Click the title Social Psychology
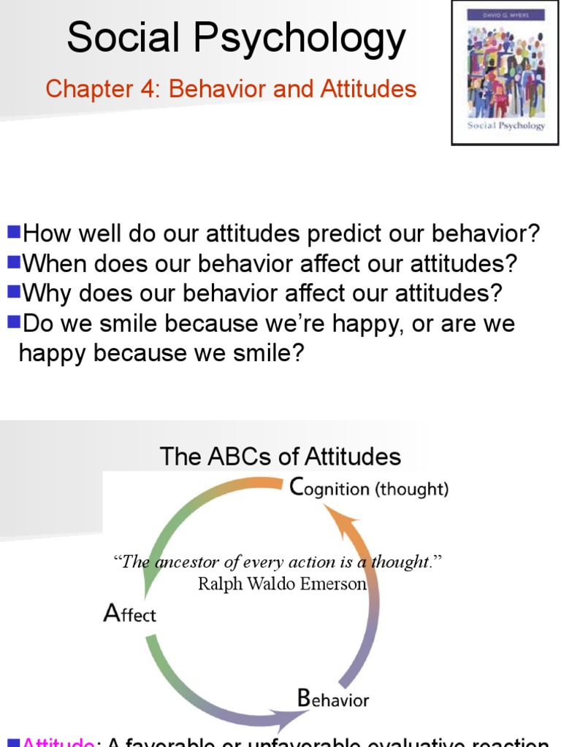tap(236, 38)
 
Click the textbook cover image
tap(506, 72)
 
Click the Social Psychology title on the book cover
tap(506, 125)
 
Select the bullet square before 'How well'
tap(14, 233)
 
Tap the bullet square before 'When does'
tap(14, 262)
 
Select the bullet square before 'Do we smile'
tap(14, 322)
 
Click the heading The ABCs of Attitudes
tap(280, 457)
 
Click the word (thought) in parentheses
tap(412, 489)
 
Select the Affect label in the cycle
tap(130, 613)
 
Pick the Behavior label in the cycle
tap(333, 699)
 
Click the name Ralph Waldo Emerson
tap(282, 584)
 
